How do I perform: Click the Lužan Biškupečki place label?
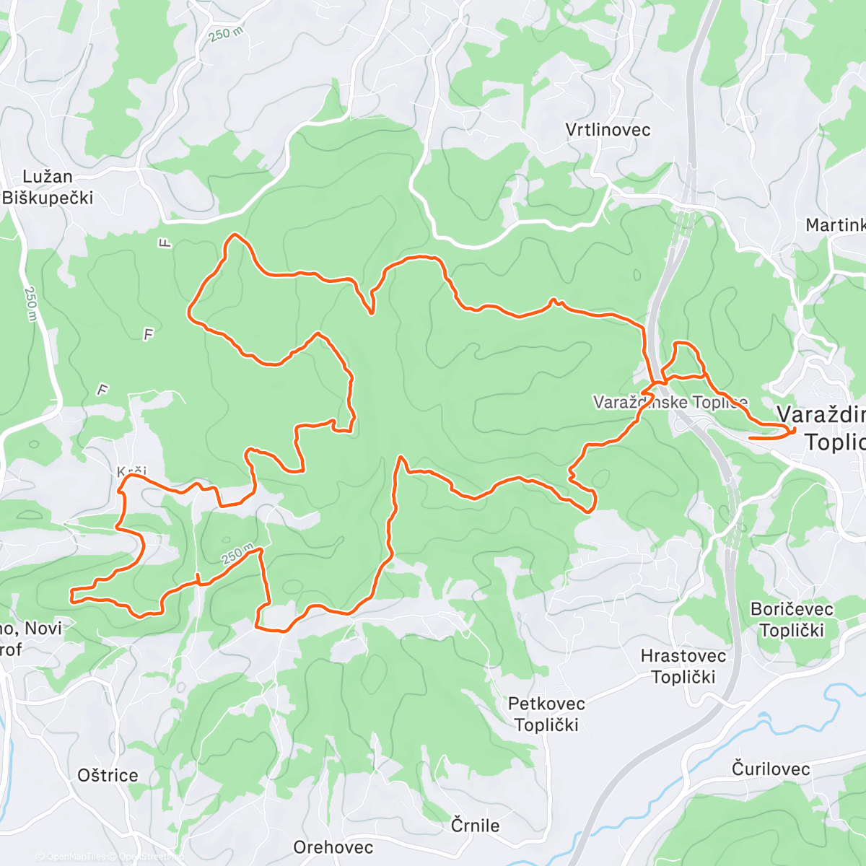click(48, 187)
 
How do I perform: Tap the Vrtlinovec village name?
click(608, 130)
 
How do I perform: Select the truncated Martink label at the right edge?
click(835, 225)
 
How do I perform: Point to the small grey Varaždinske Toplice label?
click(670, 402)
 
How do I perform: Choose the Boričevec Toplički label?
click(792, 619)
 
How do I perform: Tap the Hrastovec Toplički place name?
click(683, 666)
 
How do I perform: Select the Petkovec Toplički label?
click(546, 714)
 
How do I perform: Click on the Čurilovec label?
click(770, 769)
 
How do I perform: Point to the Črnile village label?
click(475, 825)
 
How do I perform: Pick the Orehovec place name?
click(333, 847)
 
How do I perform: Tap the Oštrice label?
click(108, 775)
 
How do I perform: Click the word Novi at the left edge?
click(43, 628)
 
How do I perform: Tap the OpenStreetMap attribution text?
click(148, 857)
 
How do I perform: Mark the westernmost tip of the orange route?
click(71, 595)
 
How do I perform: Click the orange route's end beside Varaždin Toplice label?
click(751, 437)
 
